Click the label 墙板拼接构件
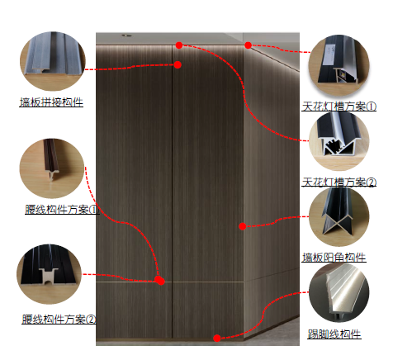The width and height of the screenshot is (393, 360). pos(51,102)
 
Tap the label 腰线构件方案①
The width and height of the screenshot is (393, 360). pos(62,210)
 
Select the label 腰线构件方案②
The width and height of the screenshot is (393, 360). pos(59,320)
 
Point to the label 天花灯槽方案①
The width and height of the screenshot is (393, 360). pos(339,107)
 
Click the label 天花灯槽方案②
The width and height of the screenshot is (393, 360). pos(339,182)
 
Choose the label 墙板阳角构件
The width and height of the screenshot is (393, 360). pos(334,258)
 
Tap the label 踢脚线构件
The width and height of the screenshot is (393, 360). pos(334,334)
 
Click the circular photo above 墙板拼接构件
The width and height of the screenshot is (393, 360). pos(53,61)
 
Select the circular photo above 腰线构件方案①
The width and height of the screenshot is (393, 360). pos(52,168)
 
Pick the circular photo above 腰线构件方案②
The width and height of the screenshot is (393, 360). pos(50,274)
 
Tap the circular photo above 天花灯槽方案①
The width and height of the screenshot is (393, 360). pos(339,65)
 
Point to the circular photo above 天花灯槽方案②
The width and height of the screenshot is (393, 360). pos(339,141)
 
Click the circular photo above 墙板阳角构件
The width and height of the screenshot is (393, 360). pos(339,216)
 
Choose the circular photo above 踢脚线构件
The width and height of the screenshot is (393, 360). pos(339,292)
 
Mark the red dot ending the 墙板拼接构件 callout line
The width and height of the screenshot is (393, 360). pos(178,64)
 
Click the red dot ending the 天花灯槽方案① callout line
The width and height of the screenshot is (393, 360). pos(248,45)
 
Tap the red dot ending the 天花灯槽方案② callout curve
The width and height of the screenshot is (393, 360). pos(179,45)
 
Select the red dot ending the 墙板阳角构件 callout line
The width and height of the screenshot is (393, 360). pos(243,226)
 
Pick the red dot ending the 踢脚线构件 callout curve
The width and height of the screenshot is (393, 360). pos(217,339)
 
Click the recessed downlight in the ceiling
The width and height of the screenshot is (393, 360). pos(126,36)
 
